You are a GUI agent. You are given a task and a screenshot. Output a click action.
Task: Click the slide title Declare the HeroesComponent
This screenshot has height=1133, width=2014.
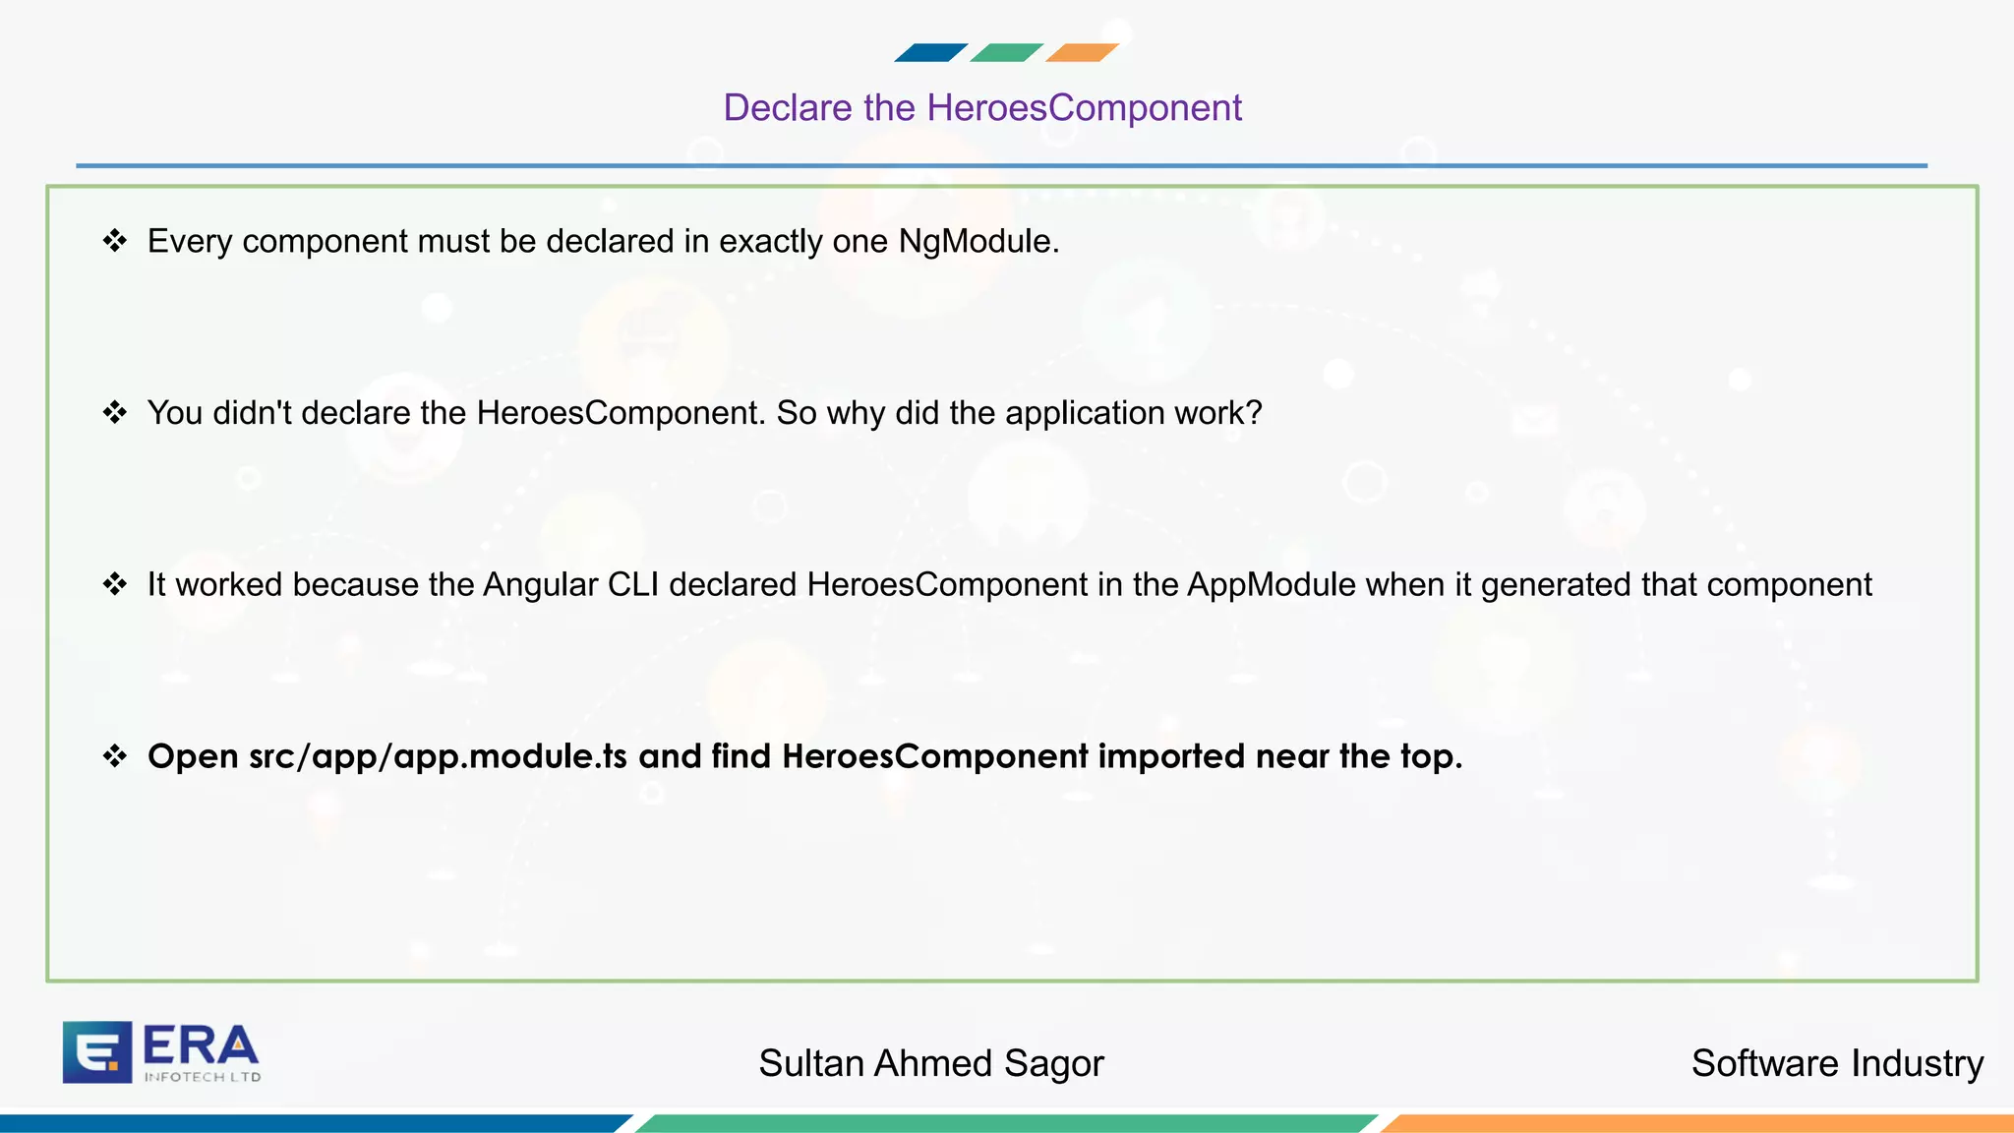pyautogui.click(x=982, y=108)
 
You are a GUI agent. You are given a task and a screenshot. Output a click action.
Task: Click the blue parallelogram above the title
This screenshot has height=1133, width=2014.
pyautogui.click(x=930, y=53)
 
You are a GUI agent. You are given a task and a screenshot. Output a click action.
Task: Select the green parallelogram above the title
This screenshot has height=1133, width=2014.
pyautogui.click(x=1006, y=53)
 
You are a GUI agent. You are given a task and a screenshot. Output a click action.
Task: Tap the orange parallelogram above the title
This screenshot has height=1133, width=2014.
pyautogui.click(x=1082, y=53)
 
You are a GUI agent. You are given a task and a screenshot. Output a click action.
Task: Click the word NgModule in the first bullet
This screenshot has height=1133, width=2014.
pyautogui.click(x=977, y=242)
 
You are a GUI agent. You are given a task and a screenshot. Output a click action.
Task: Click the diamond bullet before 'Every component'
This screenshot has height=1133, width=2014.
pyautogui.click(x=115, y=241)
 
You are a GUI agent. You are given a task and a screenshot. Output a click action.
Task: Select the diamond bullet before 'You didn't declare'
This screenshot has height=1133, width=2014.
pyautogui.click(x=115, y=412)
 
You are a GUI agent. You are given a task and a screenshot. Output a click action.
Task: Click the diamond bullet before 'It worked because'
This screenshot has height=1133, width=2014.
pyautogui.click(x=115, y=584)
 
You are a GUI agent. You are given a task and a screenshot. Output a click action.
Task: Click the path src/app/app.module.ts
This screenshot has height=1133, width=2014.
pyautogui.click(x=438, y=756)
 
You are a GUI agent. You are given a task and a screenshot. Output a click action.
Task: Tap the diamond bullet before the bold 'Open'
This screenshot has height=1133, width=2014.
pyautogui.click(x=115, y=755)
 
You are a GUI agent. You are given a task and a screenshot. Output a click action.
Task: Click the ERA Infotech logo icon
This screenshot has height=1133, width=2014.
pyautogui.click(x=97, y=1052)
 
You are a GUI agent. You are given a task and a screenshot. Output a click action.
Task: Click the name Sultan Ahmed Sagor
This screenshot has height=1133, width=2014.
pyautogui.click(x=931, y=1064)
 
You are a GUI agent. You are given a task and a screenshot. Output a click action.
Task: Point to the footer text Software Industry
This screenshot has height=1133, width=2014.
pyautogui.click(x=1837, y=1064)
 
